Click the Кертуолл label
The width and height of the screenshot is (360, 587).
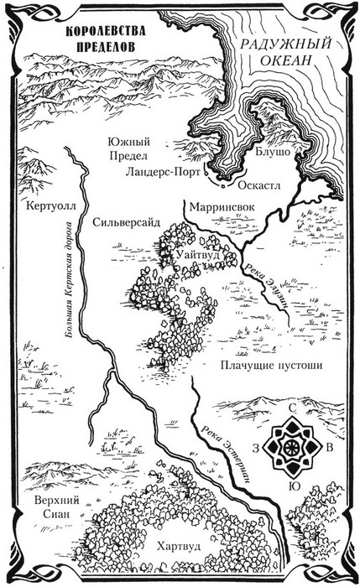click(50, 205)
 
